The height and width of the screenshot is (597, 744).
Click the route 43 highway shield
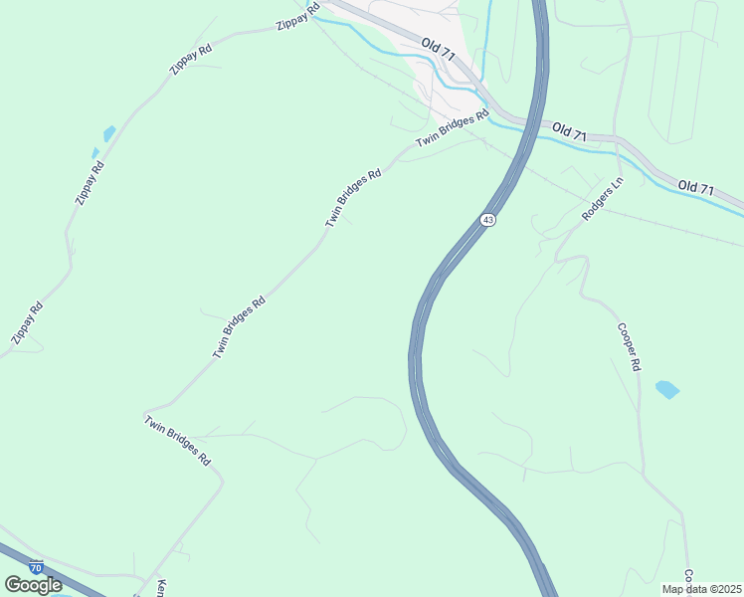486,219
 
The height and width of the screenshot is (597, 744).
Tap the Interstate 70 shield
37,567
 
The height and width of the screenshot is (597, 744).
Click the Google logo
34,585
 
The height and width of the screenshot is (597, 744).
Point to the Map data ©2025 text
701,589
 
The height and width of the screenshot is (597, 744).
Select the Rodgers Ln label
602,200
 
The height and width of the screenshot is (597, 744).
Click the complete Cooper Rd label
629,347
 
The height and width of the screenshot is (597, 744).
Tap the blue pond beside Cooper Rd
667,389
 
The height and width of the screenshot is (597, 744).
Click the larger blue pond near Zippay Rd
108,133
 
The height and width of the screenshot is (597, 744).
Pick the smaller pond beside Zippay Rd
95,153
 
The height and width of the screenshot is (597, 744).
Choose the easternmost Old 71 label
696,187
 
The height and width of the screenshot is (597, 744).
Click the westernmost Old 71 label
437,50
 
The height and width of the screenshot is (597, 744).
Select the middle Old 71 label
570,130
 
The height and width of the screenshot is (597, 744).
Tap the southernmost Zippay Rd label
27,323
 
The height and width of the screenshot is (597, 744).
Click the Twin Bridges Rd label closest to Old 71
454,127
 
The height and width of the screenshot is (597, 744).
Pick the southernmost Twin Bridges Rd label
178,441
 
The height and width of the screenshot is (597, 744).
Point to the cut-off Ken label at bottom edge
159,588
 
